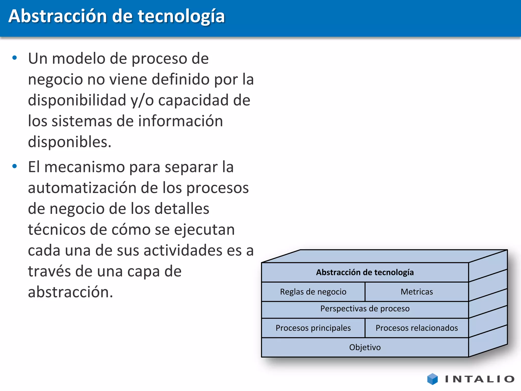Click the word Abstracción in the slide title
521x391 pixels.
coord(57,16)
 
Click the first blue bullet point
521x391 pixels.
coord(15,58)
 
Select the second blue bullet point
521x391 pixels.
coord(15,166)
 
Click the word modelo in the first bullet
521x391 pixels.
coord(79,59)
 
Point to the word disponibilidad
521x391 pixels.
coord(77,100)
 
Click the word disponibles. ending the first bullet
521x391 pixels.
coord(69,142)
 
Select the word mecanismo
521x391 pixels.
coord(84,167)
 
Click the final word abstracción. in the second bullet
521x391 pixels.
coord(70,292)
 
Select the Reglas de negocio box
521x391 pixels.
coord(313,292)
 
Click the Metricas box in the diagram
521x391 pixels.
coord(417,292)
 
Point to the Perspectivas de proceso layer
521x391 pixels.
coord(365,309)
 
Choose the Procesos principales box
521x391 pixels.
coord(313,328)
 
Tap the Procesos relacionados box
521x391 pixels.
coord(417,328)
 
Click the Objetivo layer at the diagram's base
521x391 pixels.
coord(365,347)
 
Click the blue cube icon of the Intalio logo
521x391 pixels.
coord(432,379)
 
